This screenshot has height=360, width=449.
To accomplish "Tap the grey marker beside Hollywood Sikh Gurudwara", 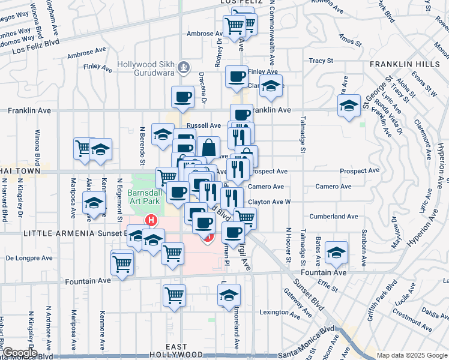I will click(185, 67).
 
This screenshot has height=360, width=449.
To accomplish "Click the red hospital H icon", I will click(152, 220).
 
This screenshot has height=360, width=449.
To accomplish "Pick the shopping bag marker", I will click(208, 147).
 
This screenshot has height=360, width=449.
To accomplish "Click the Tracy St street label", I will click(321, 61).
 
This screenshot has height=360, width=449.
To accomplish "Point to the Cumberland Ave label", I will click(334, 216).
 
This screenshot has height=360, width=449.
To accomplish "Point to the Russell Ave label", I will click(204, 126).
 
